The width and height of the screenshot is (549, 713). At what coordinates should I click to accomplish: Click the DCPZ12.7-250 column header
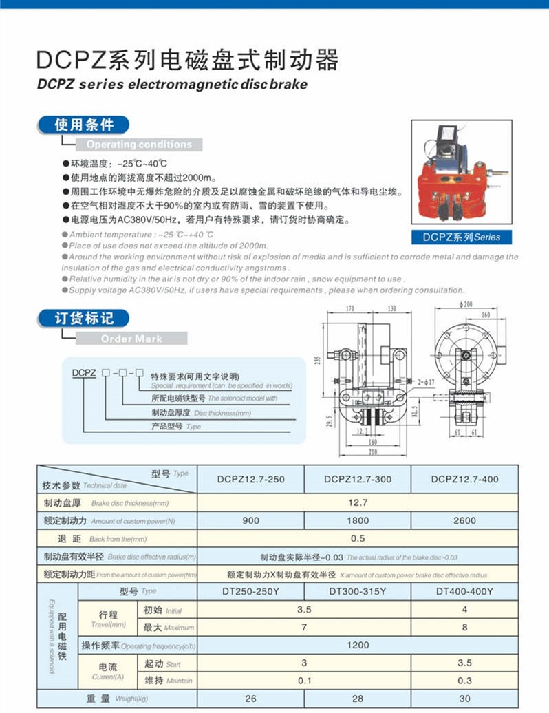pyautogui.click(x=250, y=479)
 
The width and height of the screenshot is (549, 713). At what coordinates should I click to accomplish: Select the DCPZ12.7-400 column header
pyautogui.click(x=464, y=479)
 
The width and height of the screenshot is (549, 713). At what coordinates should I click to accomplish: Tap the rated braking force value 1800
pyautogui.click(x=358, y=521)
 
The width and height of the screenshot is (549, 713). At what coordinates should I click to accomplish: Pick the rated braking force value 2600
pyautogui.click(x=464, y=521)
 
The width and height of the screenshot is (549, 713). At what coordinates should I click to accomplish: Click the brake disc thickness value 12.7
pyautogui.click(x=358, y=503)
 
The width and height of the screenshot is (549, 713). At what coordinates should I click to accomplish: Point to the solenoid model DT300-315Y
pyautogui.click(x=358, y=591)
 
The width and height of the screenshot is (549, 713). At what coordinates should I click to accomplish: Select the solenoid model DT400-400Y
pyautogui.click(x=464, y=591)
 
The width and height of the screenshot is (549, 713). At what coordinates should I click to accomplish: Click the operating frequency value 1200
pyautogui.click(x=358, y=645)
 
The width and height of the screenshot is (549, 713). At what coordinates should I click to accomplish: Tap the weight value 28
pyautogui.click(x=358, y=699)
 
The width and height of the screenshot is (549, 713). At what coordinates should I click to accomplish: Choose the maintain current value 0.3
pyautogui.click(x=464, y=681)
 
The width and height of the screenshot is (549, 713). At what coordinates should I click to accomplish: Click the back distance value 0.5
pyautogui.click(x=358, y=539)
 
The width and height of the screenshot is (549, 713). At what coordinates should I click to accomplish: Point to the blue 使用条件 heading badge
pyautogui.click(x=84, y=125)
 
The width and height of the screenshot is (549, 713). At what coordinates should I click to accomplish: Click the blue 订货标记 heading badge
pyautogui.click(x=84, y=318)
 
